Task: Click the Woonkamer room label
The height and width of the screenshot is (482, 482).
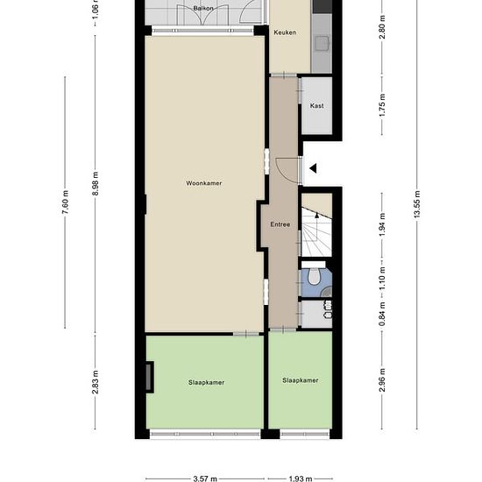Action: [204, 183]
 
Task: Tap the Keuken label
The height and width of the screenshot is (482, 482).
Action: [285, 32]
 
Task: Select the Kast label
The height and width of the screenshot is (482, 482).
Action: [316, 106]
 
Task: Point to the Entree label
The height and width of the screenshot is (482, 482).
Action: [280, 224]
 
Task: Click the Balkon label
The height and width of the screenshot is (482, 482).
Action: [203, 8]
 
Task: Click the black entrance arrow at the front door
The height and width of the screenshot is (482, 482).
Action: [313, 168]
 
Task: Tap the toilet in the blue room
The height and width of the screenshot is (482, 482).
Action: [314, 275]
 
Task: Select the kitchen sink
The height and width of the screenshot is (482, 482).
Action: [322, 43]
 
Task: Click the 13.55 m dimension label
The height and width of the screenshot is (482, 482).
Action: [416, 204]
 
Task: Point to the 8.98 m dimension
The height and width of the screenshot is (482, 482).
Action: [95, 183]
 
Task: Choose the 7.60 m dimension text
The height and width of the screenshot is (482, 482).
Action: [65, 202]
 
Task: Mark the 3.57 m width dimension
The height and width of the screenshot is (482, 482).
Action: [205, 478]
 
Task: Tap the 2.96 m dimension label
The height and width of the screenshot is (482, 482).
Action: [382, 380]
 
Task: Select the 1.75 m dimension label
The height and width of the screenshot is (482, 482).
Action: [382, 105]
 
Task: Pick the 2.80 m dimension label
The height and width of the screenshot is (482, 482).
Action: [382, 27]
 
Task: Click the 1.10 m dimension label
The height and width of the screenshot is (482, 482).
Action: [382, 278]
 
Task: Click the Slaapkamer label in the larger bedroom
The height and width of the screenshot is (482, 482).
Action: [206, 382]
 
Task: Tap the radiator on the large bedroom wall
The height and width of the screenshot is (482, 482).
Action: [149, 377]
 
